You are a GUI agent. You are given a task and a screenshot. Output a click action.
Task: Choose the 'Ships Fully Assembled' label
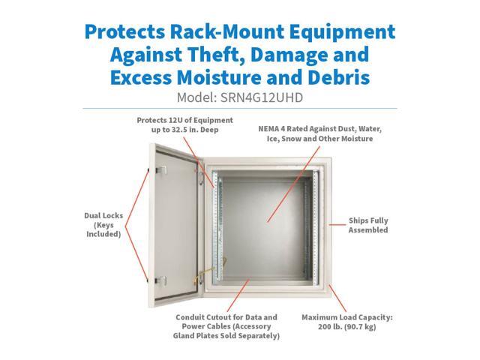click(x=368, y=225)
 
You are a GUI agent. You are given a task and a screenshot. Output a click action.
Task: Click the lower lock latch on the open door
click(x=158, y=280)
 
